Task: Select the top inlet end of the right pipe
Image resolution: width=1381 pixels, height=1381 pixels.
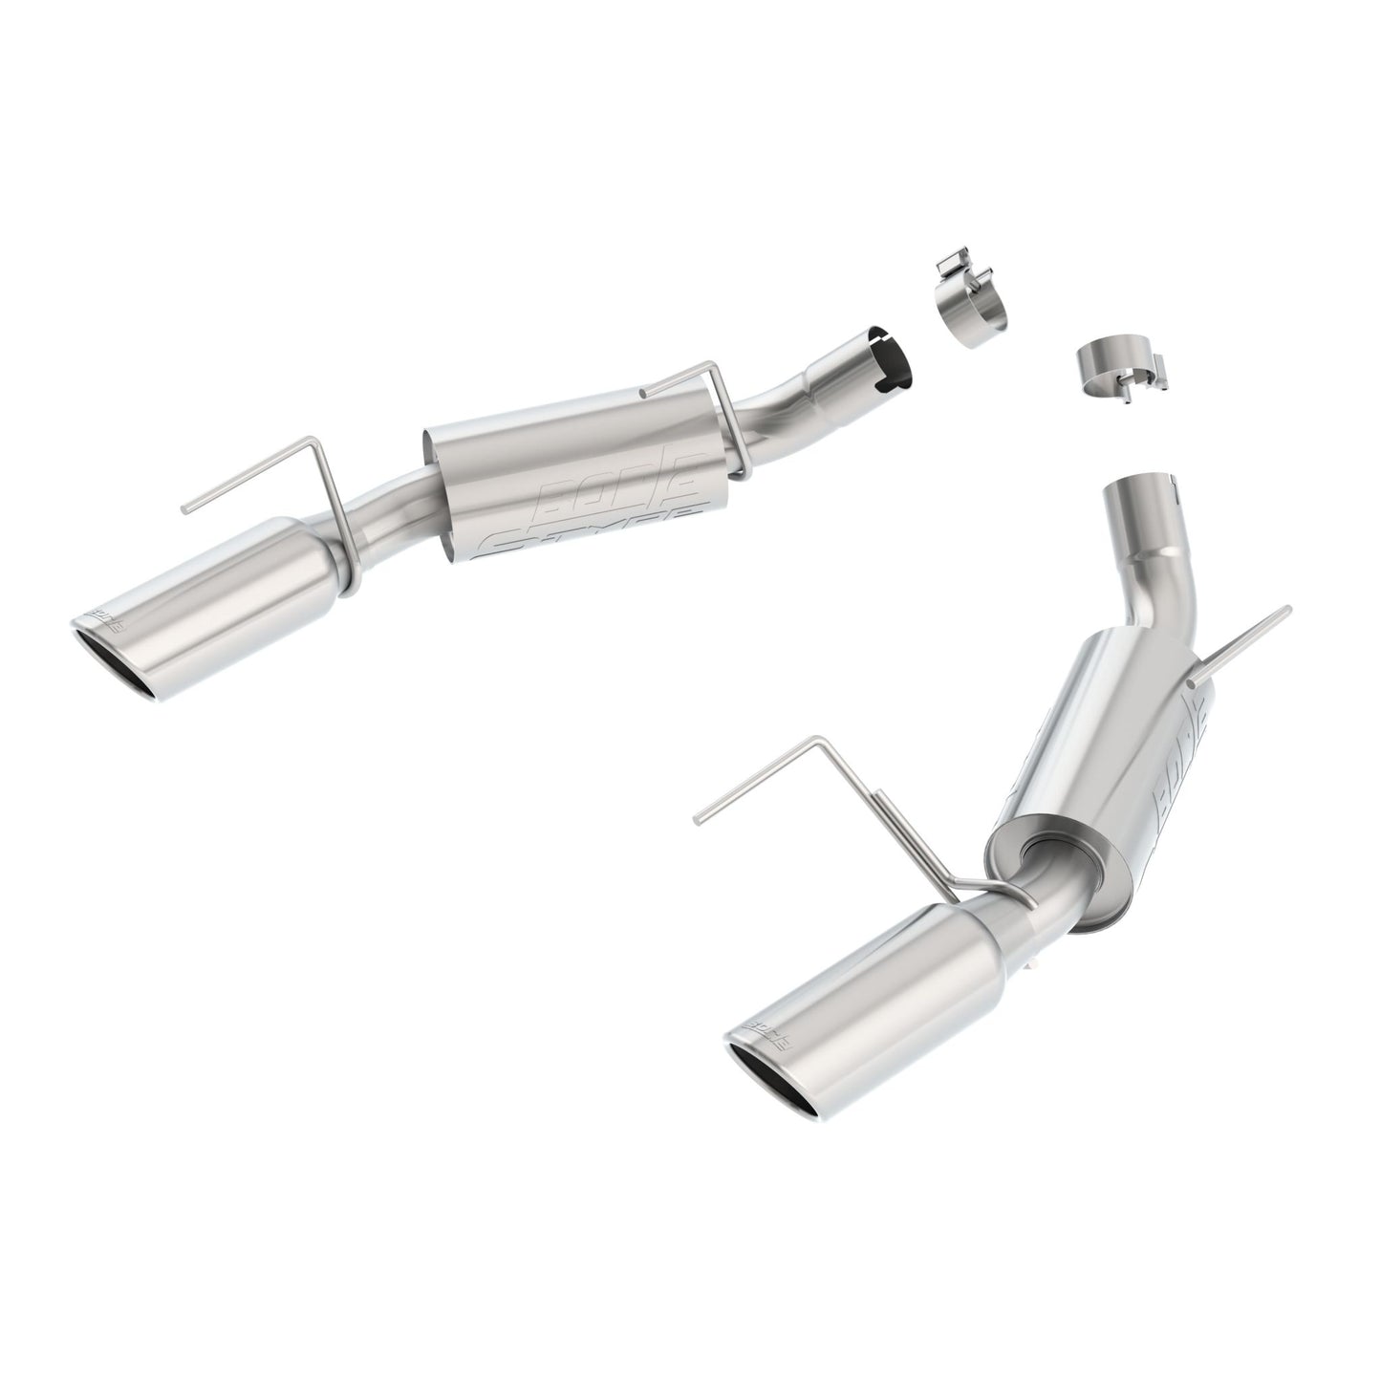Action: tap(1142, 497)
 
